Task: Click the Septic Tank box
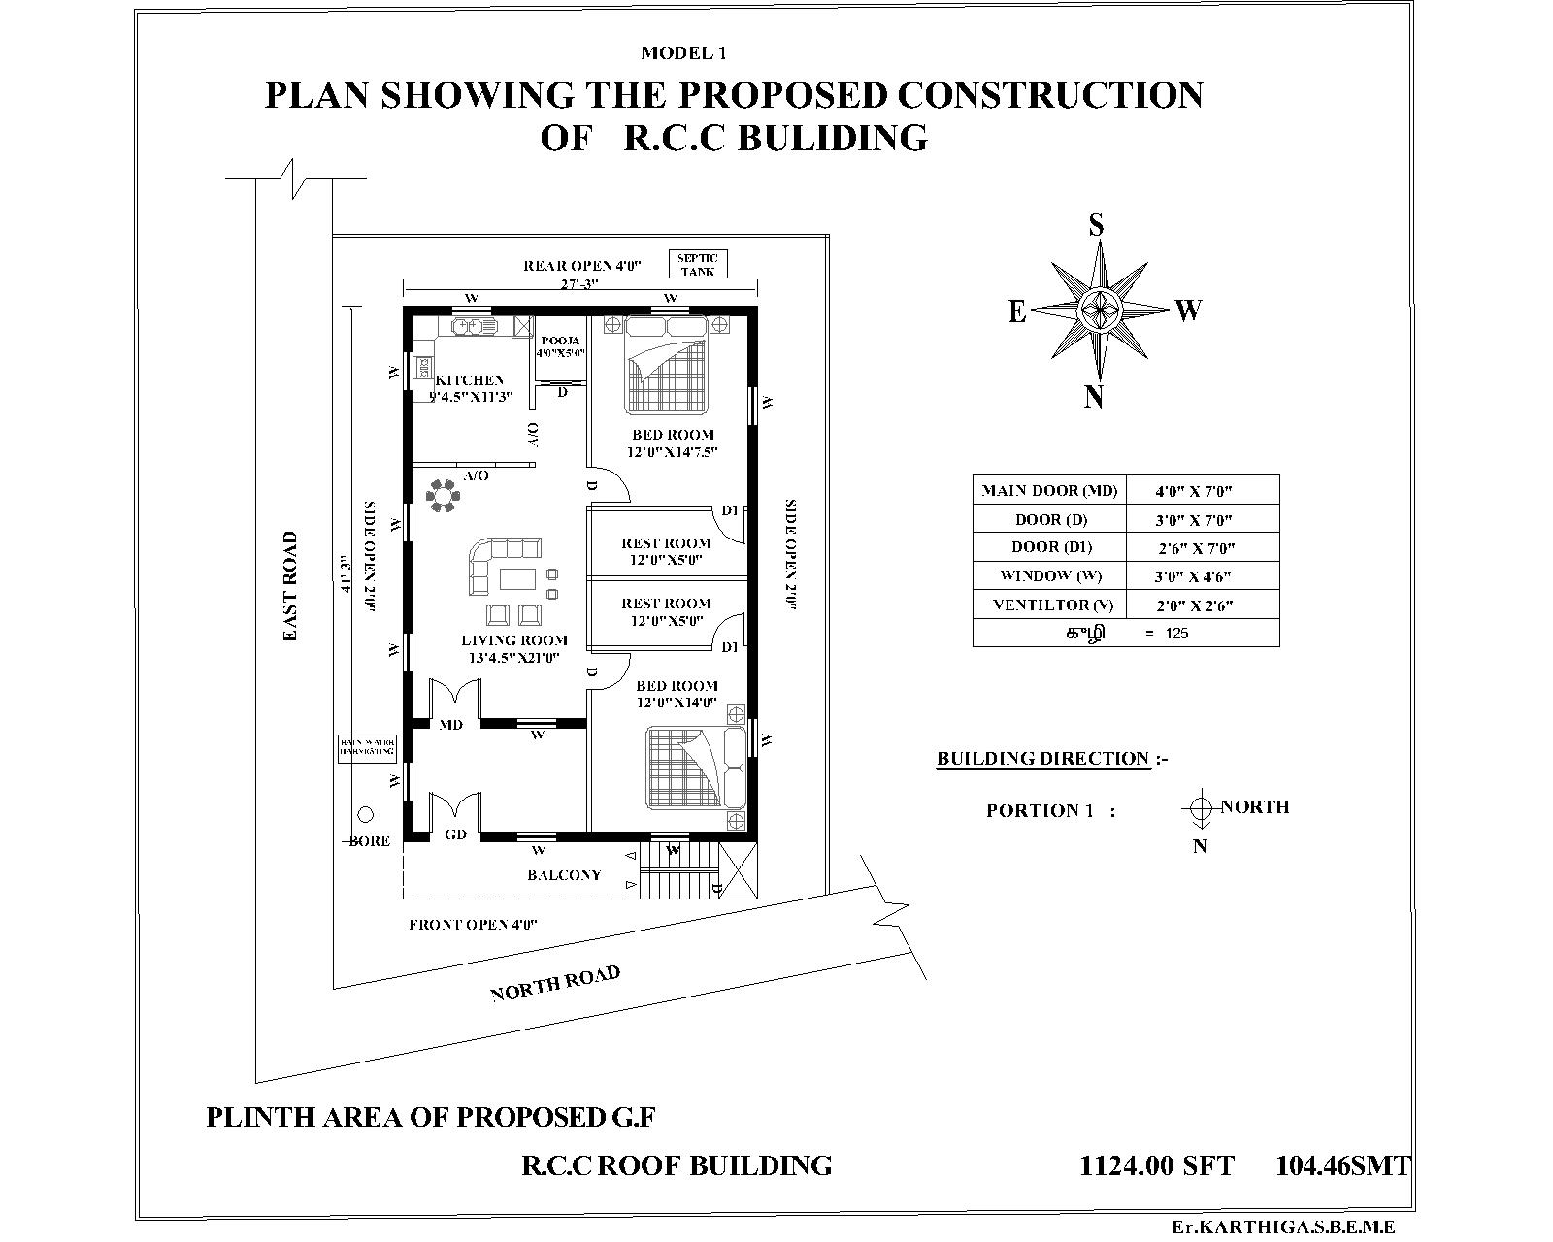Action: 697,264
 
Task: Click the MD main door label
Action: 450,725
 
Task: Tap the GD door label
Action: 455,834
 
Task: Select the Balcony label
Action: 564,875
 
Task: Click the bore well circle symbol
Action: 365,815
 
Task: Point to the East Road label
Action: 290,586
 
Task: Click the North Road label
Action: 554,983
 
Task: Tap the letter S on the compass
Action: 1096,226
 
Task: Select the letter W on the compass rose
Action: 1189,310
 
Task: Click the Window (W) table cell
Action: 1050,575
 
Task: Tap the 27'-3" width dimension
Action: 579,283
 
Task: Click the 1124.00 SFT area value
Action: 1157,1165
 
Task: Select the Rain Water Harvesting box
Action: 367,746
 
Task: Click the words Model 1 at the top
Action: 683,53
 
